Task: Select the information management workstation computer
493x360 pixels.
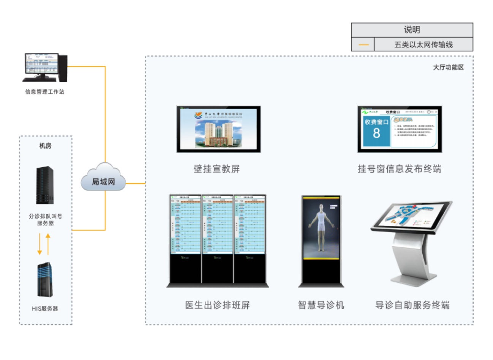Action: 45,67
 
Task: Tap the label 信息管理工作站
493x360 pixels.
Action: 45,92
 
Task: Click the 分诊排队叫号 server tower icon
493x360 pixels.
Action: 45,186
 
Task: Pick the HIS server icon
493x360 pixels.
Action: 45,280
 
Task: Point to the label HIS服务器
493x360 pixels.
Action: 45,309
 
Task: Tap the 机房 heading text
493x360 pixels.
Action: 45,146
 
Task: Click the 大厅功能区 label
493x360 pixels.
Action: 448,67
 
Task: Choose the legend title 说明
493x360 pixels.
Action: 412,30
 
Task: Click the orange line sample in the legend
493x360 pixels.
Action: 363,45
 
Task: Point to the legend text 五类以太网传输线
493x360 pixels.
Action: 423,45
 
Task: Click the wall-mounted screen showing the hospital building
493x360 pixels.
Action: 218,129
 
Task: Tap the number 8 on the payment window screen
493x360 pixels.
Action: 376,133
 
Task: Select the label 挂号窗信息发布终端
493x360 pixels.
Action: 399,169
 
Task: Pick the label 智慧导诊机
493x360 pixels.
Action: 321,305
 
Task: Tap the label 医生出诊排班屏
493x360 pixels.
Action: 217,305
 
